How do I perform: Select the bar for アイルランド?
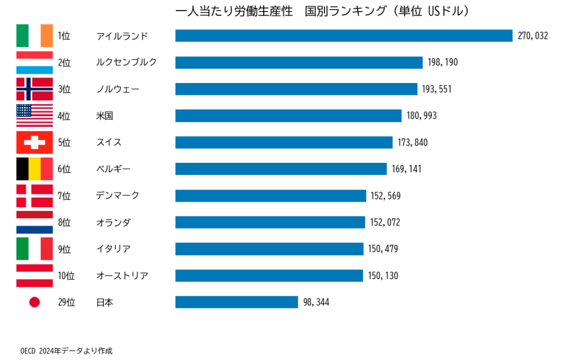(x=344, y=35)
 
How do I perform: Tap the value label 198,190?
(x=442, y=62)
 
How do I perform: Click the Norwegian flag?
(x=34, y=89)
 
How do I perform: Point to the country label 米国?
(x=105, y=116)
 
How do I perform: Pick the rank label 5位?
(x=64, y=142)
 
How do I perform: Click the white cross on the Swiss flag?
(x=34, y=142)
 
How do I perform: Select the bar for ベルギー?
(x=281, y=169)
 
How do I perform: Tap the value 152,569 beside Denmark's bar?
(x=385, y=196)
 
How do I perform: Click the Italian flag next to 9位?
(x=34, y=249)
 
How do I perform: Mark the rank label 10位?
(x=66, y=275)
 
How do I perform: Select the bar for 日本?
(x=236, y=302)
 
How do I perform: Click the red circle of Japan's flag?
(x=34, y=302)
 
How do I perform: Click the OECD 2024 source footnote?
(x=66, y=351)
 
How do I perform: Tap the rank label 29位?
(x=66, y=302)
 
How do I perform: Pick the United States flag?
(x=34, y=116)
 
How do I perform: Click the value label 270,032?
(x=532, y=35)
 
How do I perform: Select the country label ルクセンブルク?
(x=126, y=62)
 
